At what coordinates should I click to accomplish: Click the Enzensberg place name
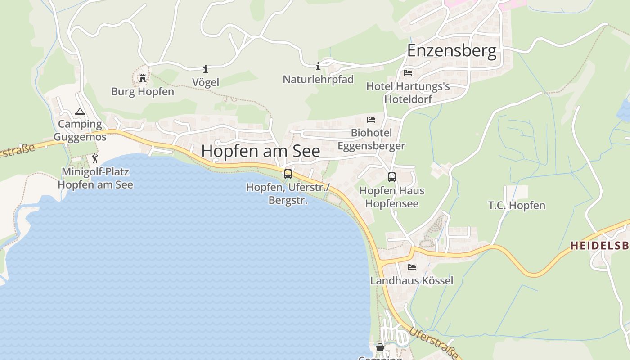point(452,51)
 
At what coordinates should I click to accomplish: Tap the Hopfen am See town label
point(261,151)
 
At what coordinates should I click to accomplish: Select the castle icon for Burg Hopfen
point(143,78)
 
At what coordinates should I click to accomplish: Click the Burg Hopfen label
point(143,92)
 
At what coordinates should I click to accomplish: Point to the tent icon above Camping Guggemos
point(80,111)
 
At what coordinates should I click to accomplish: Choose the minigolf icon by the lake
point(94,158)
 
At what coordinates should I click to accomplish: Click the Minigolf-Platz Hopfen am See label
point(95,178)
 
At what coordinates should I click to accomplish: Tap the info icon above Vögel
point(206,69)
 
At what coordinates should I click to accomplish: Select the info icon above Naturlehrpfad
point(318,67)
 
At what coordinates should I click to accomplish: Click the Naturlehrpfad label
point(318,80)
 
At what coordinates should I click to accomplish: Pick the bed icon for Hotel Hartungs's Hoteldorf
point(408,72)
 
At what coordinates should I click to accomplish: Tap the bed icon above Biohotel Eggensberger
point(371,120)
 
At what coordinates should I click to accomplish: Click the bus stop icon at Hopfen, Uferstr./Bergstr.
point(288,174)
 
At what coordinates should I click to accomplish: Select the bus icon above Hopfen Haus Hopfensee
point(392,177)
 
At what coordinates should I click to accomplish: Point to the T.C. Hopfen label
point(517,206)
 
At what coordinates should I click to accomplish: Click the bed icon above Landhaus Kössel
point(412,267)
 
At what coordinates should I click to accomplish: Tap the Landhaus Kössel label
point(412,281)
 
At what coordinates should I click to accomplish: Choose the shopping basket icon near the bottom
point(380,347)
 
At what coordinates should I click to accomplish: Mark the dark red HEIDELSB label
point(600,246)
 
